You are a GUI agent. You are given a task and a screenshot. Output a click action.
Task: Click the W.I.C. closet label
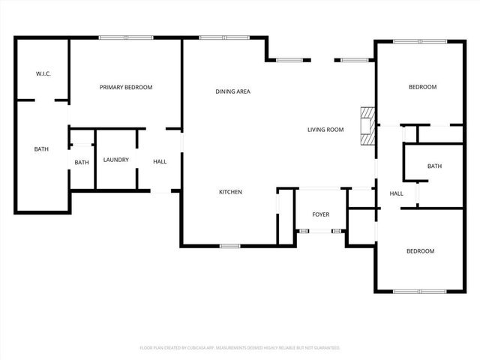pyautogui.click(x=43, y=73)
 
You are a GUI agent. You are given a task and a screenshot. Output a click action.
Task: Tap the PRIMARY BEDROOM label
pyautogui.click(x=126, y=88)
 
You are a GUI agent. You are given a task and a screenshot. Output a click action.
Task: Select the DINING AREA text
pyautogui.click(x=232, y=91)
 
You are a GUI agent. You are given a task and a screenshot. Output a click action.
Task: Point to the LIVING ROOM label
pyautogui.click(x=325, y=130)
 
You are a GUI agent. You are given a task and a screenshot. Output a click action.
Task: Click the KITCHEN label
pyautogui.click(x=230, y=193)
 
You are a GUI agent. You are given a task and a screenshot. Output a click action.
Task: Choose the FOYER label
pyautogui.click(x=320, y=215)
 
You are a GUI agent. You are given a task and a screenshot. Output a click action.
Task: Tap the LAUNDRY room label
pyautogui.click(x=116, y=160)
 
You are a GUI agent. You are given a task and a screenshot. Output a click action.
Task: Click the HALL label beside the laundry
pyautogui.click(x=160, y=162)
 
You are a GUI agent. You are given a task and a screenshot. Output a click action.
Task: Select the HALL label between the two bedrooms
pyautogui.click(x=396, y=193)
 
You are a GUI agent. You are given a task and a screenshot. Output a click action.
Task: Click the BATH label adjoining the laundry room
pyautogui.click(x=82, y=162)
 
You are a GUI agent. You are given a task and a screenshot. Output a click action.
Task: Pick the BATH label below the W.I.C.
pyautogui.click(x=41, y=149)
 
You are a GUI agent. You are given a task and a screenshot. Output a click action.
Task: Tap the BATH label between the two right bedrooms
pyautogui.click(x=434, y=166)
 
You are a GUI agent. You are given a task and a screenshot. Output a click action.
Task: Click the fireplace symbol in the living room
pyautogui.click(x=367, y=126)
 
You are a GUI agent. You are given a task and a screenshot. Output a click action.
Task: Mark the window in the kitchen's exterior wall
pyautogui.click(x=229, y=245)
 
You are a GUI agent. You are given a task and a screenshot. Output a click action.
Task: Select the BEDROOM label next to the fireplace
pyautogui.click(x=421, y=88)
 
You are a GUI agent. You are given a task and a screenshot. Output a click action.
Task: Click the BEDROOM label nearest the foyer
pyautogui.click(x=420, y=251)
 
